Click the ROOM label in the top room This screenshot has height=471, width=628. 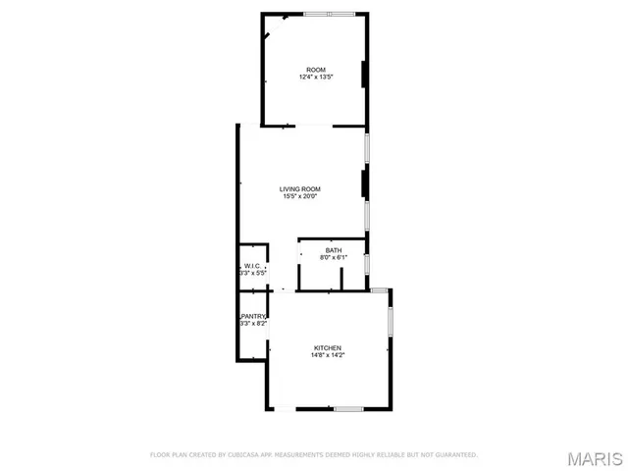(315, 70)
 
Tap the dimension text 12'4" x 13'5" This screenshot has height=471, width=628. (315, 77)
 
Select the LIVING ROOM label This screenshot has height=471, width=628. (299, 189)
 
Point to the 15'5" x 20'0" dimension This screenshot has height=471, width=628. (299, 196)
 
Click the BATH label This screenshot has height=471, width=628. (334, 251)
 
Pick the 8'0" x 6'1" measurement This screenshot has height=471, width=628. (334, 258)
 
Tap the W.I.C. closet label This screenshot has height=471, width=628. (251, 266)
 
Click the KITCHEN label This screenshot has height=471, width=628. (328, 348)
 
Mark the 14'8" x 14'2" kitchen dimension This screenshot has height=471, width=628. (328, 355)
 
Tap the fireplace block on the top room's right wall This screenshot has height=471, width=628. (366, 75)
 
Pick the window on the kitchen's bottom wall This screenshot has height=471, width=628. (348, 408)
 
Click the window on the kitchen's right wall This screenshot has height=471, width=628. (390, 321)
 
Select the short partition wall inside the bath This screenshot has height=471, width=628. (340, 280)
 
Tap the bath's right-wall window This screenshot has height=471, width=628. (367, 264)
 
